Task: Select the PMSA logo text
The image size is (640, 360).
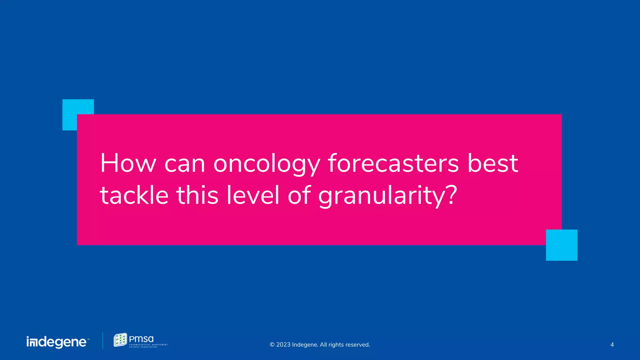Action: (141, 339)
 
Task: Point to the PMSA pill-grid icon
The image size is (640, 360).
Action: (120, 340)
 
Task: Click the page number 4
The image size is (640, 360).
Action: (612, 345)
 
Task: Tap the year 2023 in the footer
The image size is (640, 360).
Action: (283, 345)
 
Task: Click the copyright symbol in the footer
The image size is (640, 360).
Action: (272, 345)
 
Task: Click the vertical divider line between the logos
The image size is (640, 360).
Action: (103, 341)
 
